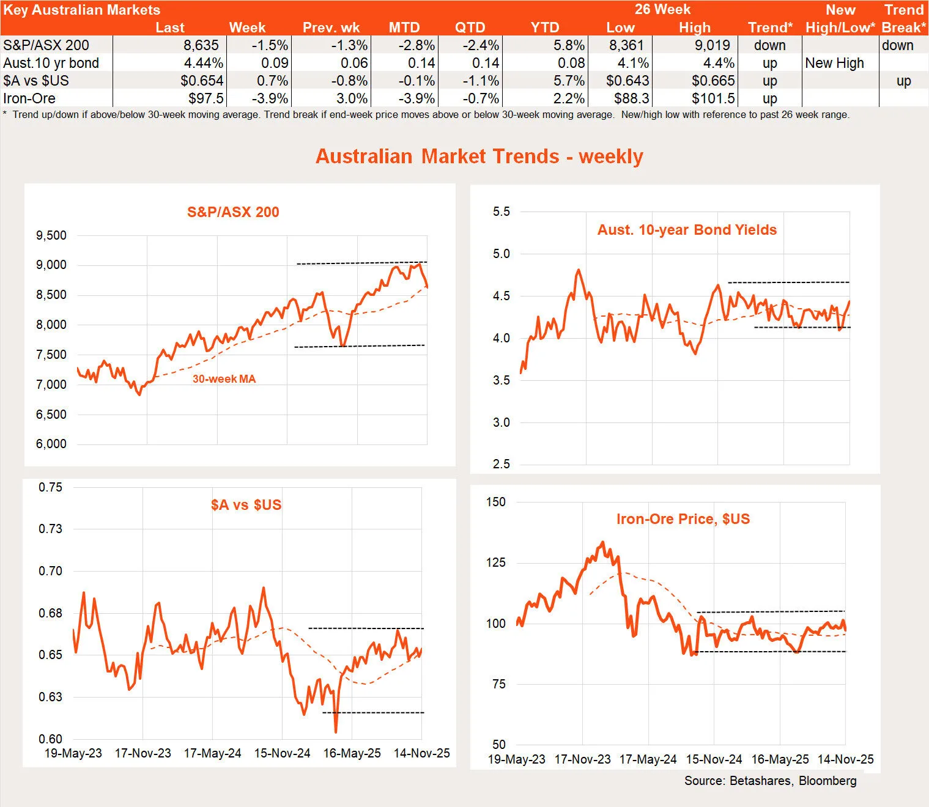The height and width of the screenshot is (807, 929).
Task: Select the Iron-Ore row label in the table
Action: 29,98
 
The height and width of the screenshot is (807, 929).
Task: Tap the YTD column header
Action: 544,28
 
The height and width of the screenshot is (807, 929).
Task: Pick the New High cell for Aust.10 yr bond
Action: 834,63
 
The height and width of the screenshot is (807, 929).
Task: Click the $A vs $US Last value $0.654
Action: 202,81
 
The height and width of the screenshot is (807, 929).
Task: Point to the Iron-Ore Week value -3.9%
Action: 270,98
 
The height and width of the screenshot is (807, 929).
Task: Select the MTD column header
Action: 404,28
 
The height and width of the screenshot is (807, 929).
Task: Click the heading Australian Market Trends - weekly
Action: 479,157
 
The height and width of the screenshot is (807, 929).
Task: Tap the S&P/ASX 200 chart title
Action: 233,212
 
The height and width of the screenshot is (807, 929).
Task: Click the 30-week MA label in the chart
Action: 224,379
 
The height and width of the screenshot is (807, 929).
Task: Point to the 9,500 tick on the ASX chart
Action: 51,235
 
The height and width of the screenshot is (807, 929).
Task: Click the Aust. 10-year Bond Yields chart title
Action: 687,230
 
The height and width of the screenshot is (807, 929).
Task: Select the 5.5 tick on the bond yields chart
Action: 501,212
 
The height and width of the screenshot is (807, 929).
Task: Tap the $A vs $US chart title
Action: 246,505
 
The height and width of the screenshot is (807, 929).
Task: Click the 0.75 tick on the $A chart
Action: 50,487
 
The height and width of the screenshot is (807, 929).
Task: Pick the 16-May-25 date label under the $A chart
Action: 352,753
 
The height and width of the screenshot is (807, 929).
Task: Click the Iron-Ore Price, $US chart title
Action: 683,519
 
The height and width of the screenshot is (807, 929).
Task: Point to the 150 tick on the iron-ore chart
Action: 495,502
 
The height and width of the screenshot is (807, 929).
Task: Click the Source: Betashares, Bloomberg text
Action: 770,781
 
